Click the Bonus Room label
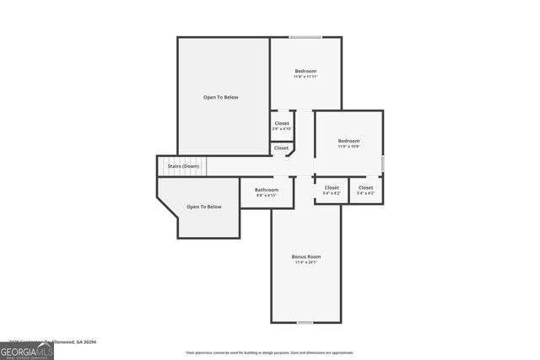[x=306, y=256]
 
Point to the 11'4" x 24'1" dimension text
[x=306, y=263]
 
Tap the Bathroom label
[x=267, y=190]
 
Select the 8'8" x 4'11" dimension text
[x=267, y=196]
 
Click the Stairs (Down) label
[x=183, y=166]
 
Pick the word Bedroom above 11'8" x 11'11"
[x=305, y=71]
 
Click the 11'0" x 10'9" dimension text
[x=348, y=148]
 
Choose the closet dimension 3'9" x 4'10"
[x=282, y=129]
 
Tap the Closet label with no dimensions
[x=281, y=148]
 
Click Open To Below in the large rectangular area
[x=221, y=97]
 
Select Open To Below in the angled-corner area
[x=204, y=207]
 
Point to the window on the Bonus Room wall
[x=305, y=322]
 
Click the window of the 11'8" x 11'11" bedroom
[x=305, y=37]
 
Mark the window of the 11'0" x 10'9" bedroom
[x=382, y=162]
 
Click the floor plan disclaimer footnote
[x=270, y=352]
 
